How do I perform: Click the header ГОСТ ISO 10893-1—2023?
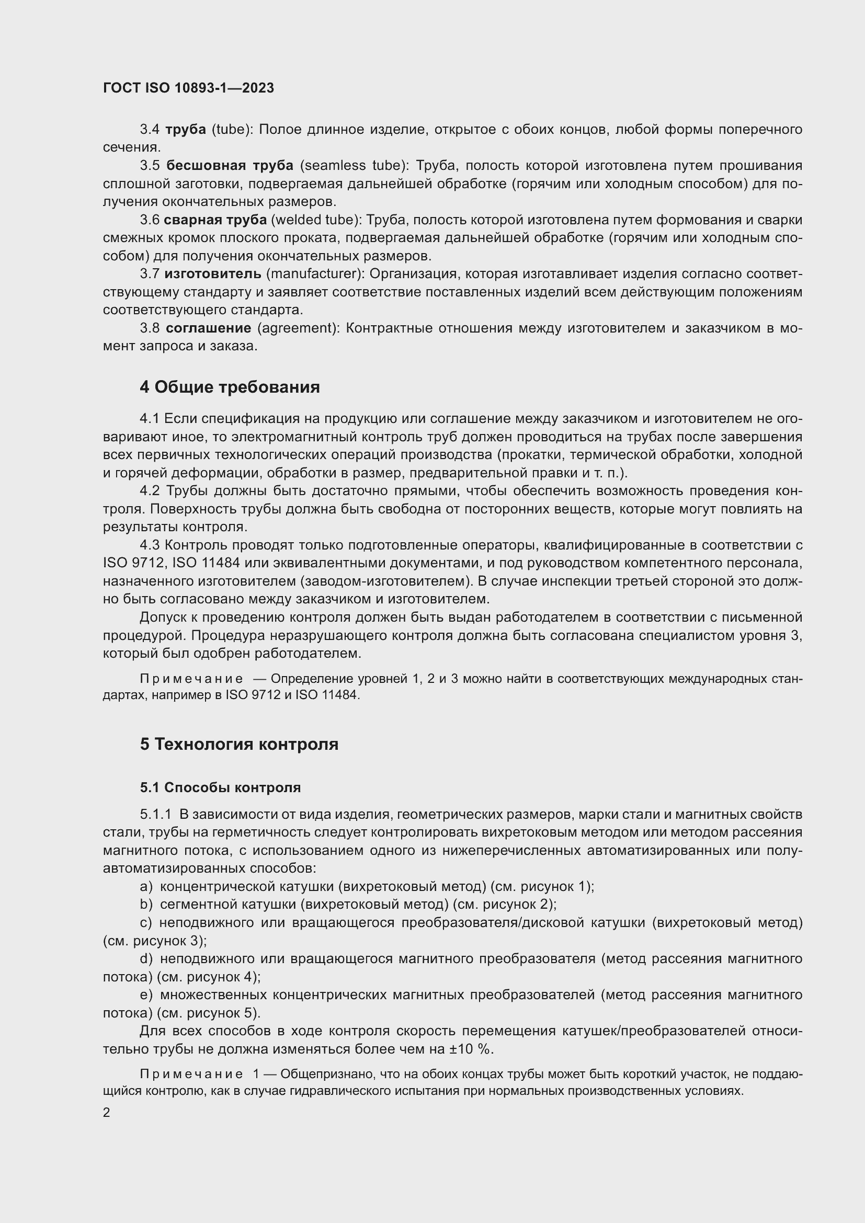click(x=189, y=88)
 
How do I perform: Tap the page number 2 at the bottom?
click(x=107, y=1112)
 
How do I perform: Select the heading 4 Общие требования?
click(x=230, y=387)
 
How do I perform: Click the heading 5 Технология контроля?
click(x=239, y=744)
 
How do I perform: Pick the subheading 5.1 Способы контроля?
click(x=221, y=787)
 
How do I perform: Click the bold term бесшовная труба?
click(x=230, y=166)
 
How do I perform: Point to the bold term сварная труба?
click(x=215, y=220)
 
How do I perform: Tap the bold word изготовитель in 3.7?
click(x=212, y=274)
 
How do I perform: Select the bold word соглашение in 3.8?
click(x=208, y=328)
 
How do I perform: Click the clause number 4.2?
click(x=150, y=490)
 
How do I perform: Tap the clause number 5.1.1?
click(x=155, y=815)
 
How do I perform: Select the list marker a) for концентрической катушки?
click(x=146, y=886)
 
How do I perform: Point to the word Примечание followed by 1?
click(x=191, y=1075)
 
